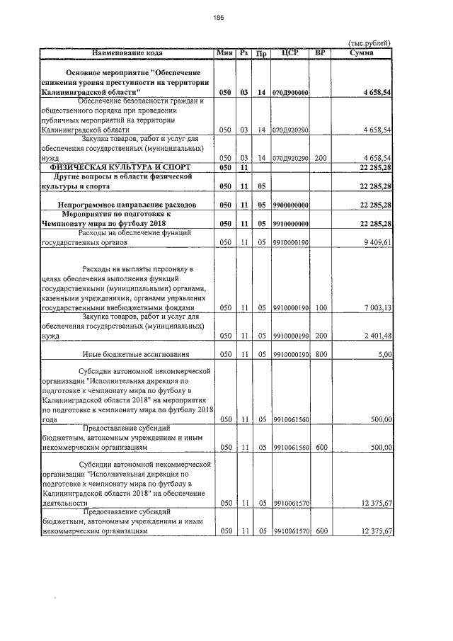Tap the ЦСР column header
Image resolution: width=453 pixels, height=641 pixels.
pyautogui.click(x=289, y=52)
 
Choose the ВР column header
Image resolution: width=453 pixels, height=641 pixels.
pyautogui.click(x=321, y=52)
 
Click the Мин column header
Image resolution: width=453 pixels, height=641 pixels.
pyautogui.click(x=225, y=52)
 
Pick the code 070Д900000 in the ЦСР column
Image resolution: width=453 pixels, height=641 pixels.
pyautogui.click(x=289, y=93)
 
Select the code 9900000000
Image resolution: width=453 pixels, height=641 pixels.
pyautogui.click(x=289, y=205)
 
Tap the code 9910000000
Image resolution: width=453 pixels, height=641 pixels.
pyautogui.click(x=289, y=223)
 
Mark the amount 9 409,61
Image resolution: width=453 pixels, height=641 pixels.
pyautogui.click(x=377, y=242)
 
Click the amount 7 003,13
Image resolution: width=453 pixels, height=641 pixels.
pyautogui.click(x=377, y=307)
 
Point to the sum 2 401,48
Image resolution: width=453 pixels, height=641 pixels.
pyautogui.click(x=377, y=335)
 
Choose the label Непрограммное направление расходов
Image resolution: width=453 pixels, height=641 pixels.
pyautogui.click(x=127, y=205)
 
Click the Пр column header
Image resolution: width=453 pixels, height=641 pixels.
pyautogui.click(x=261, y=53)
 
